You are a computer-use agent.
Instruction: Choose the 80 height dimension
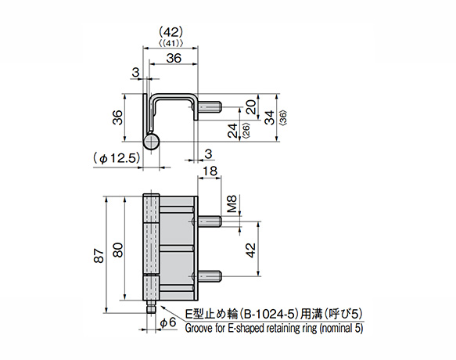(x=117, y=250)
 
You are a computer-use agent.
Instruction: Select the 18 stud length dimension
(x=209, y=171)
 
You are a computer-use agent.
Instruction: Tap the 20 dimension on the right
(x=250, y=106)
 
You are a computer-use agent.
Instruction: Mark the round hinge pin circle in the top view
(x=153, y=142)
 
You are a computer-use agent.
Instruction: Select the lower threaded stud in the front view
(x=213, y=275)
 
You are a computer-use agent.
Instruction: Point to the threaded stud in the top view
(x=213, y=106)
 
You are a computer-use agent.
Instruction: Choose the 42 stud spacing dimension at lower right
(x=251, y=250)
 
